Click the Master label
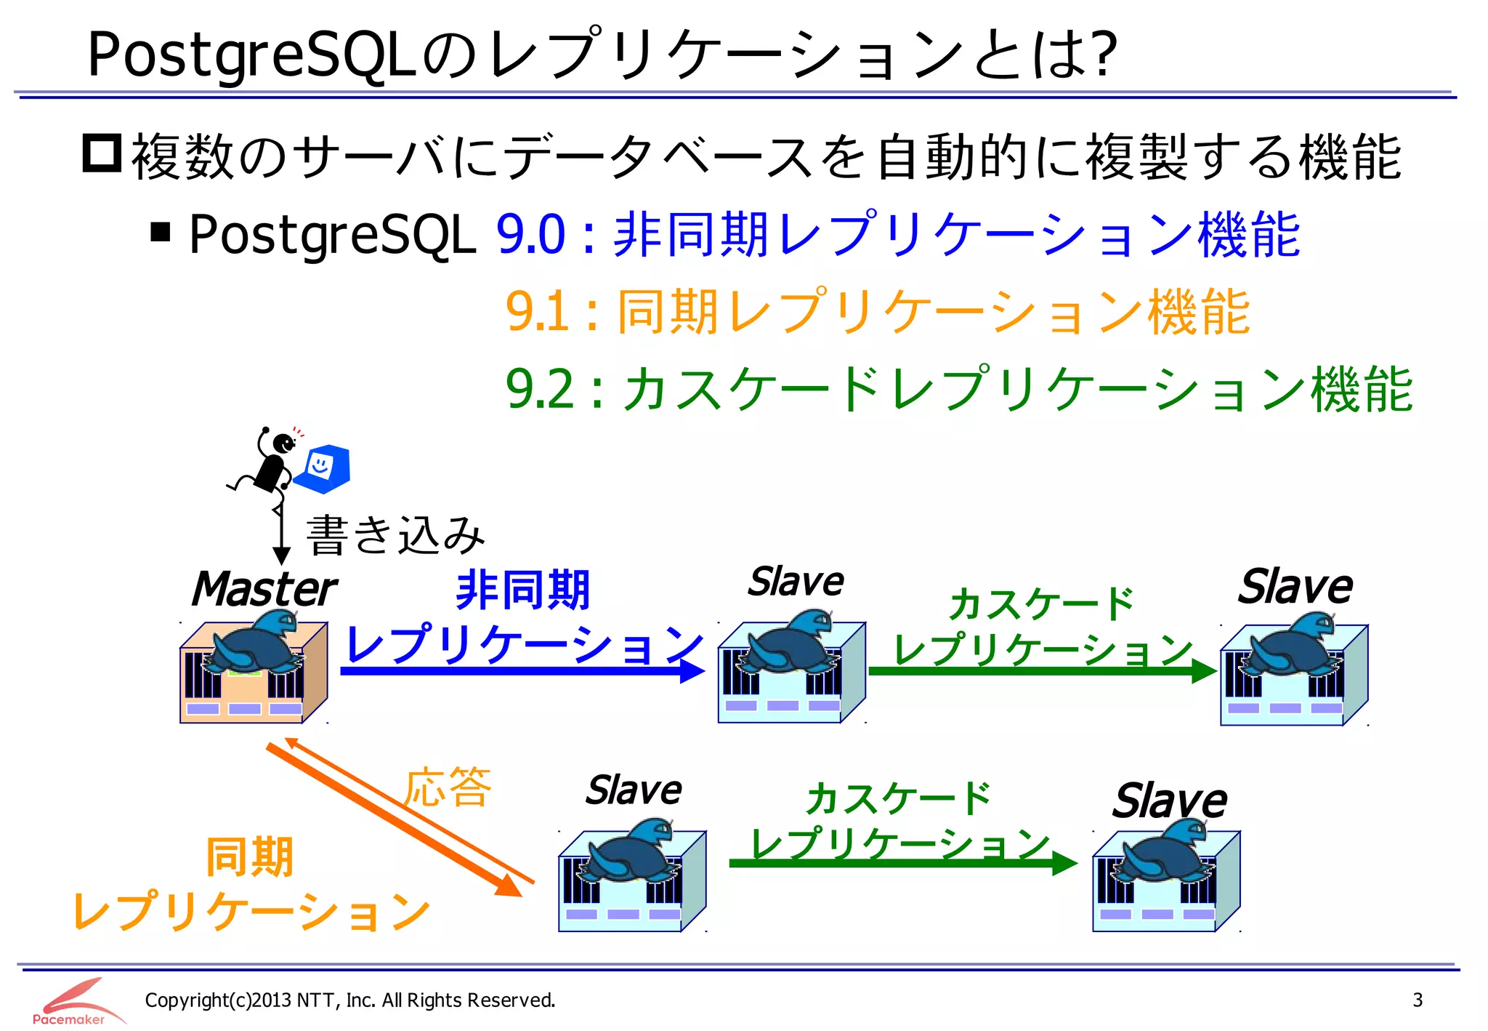(263, 589)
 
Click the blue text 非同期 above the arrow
(522, 590)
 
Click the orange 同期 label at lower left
(249, 857)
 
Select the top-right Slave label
(1295, 587)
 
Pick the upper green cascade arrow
(1039, 670)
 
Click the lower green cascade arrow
(901, 863)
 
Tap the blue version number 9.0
(530, 234)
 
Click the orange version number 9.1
(537, 311)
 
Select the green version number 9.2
(539, 389)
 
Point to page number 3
(1417, 1000)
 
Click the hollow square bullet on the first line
(102, 153)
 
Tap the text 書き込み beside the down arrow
(396, 535)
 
